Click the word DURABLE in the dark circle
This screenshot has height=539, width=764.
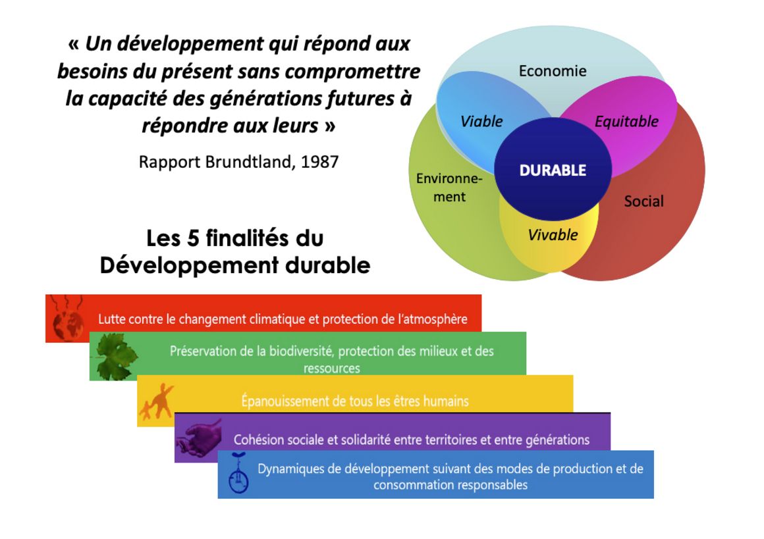coord(553,170)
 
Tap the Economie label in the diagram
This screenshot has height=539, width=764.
coord(553,71)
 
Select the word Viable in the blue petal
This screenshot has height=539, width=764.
coord(481,121)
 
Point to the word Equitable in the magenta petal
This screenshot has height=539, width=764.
coord(626,121)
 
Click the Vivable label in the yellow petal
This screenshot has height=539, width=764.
coord(553,235)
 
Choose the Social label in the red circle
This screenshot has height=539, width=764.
coord(643,201)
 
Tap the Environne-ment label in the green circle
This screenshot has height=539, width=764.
coord(449,188)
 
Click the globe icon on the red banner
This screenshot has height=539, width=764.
coord(68,323)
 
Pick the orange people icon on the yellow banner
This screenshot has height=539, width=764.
coord(156,402)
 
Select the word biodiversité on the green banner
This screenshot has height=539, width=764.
coord(298,351)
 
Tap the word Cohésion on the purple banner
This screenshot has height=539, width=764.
coord(258,439)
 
